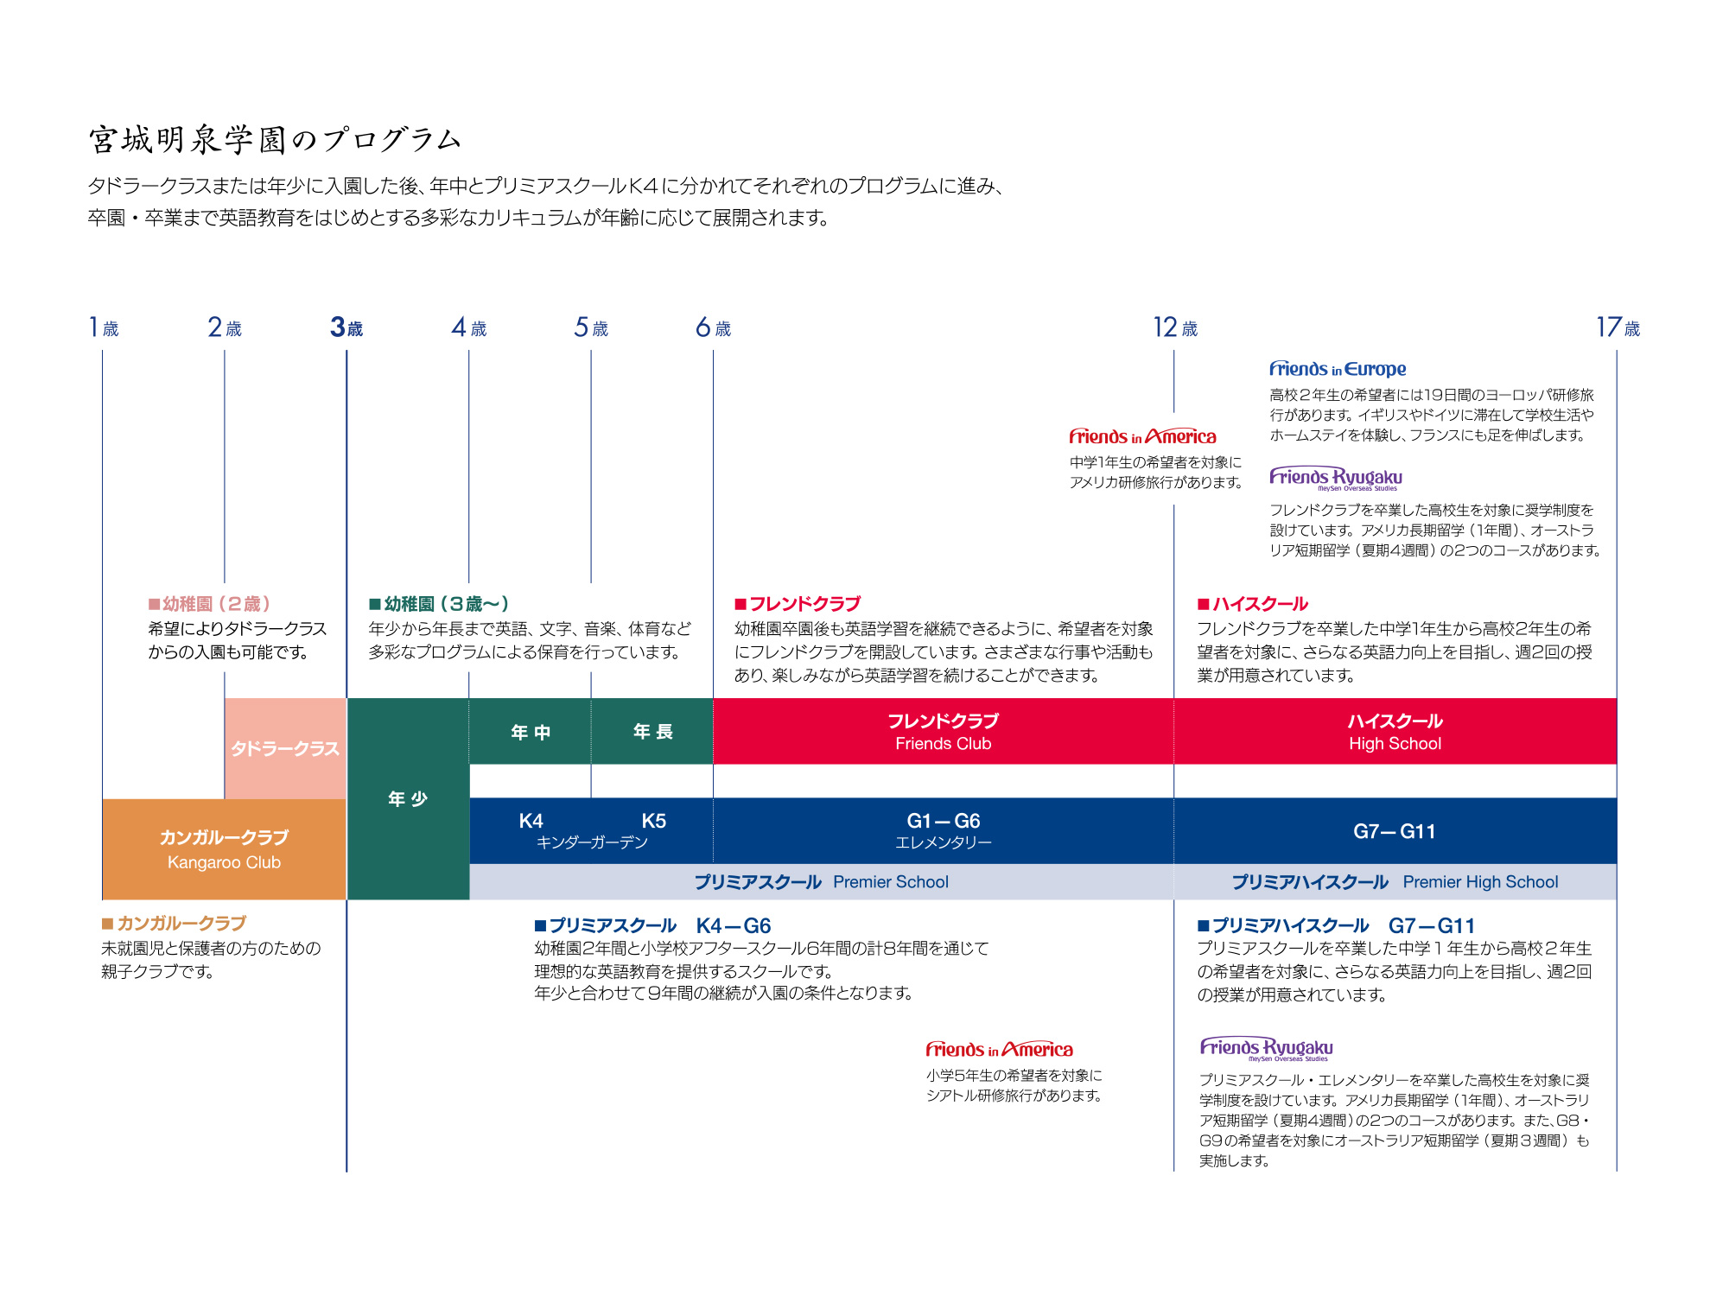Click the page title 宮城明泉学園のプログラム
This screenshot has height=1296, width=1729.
[x=275, y=140]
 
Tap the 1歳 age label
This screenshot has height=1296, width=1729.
[x=104, y=327]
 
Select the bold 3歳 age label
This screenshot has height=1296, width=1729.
[x=346, y=327]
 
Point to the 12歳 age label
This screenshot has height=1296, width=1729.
[x=1174, y=327]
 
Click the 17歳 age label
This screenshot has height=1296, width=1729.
[x=1617, y=327]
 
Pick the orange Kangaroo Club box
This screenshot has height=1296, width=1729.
[x=224, y=848]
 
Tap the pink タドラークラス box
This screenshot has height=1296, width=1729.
[x=285, y=748]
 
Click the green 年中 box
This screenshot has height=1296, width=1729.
[x=531, y=732]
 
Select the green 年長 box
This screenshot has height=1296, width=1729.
[x=652, y=732]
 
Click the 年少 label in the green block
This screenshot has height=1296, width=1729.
[x=408, y=798]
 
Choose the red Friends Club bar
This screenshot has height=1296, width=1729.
[x=943, y=731]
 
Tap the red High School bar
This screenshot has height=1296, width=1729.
[x=1395, y=731]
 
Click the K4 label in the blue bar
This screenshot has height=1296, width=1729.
[x=531, y=821]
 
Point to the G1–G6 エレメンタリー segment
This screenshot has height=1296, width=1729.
[x=943, y=830]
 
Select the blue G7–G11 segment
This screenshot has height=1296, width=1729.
[x=1395, y=831]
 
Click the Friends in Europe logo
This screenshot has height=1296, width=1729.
[x=1338, y=369]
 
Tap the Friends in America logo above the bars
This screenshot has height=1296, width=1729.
[x=1142, y=436]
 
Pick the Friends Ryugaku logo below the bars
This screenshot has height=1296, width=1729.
[x=1266, y=1049]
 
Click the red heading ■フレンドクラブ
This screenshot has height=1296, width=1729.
[x=798, y=604]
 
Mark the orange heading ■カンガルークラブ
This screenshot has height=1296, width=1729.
[x=174, y=924]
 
